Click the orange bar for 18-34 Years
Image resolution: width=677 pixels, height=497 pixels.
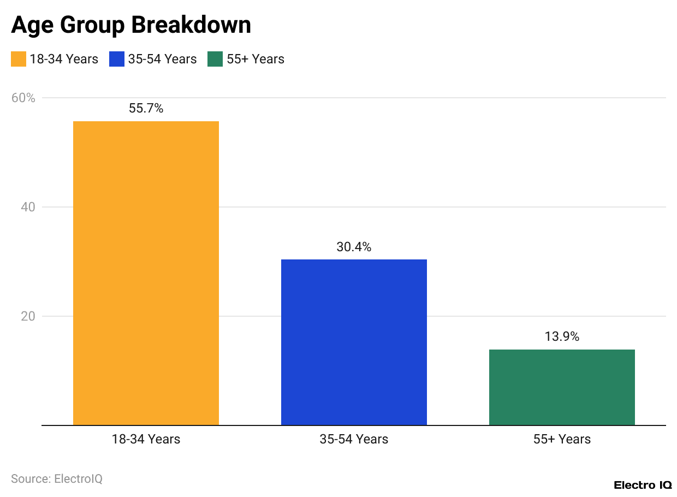146,273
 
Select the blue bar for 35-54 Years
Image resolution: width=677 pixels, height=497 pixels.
354,342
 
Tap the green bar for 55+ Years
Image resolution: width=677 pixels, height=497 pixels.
562,387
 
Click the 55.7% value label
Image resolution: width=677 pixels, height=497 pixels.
146,108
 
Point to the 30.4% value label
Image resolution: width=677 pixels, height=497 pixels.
354,247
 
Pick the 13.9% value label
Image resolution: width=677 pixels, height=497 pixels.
562,336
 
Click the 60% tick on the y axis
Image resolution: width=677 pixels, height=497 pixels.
23,98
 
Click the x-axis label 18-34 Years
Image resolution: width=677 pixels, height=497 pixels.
146,439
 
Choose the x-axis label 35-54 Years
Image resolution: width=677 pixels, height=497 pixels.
354,439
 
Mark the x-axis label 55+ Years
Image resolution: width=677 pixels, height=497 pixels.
562,439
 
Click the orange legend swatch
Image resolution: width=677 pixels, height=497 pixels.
19,59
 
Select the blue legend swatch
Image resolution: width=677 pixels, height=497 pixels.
117,59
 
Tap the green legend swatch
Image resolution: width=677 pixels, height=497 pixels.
215,59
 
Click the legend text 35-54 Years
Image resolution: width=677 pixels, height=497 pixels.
162,59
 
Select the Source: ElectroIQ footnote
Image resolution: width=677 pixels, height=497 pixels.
57,479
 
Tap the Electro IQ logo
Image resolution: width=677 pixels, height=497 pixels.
643,485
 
